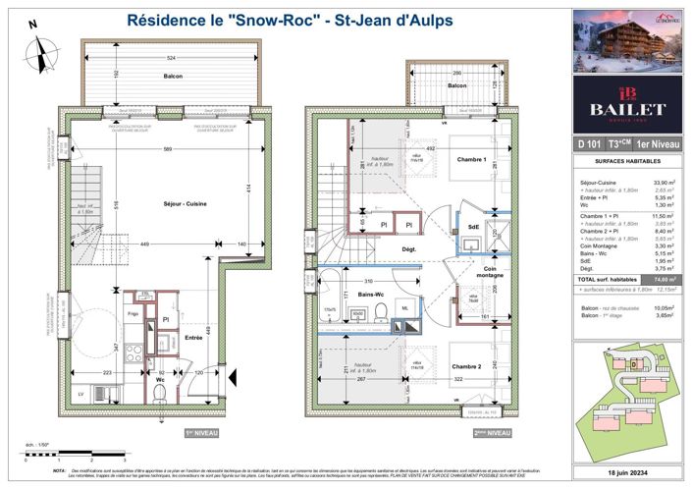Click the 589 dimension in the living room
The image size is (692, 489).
pyautogui.click(x=169, y=148)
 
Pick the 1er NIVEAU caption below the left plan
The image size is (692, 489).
pyautogui.click(x=200, y=432)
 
